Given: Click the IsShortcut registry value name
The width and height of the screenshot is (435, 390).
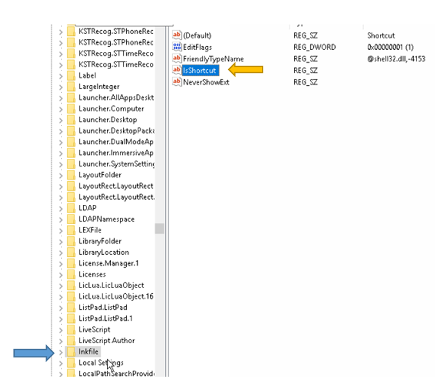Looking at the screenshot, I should [199, 70].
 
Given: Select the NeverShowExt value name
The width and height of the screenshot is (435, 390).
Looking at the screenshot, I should [206, 82].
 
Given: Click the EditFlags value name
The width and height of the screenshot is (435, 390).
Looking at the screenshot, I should [197, 47].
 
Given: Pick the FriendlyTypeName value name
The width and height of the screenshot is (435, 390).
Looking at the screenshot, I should [213, 58].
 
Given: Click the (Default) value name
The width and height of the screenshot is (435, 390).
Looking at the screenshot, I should [197, 35].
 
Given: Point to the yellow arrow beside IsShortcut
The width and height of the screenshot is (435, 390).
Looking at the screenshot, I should [247, 69].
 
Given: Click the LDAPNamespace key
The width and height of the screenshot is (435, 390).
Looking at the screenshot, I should [106, 219].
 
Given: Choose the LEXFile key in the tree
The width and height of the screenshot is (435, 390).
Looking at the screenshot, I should [90, 230].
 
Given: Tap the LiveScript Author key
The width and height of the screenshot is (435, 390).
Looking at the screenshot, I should [106, 340].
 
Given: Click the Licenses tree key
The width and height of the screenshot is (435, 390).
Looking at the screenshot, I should [93, 274].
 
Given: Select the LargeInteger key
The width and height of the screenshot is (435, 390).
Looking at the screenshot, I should [99, 86].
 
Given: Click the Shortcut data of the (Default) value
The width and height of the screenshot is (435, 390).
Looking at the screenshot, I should [381, 35].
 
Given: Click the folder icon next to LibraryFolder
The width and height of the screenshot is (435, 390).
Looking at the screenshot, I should [71, 241].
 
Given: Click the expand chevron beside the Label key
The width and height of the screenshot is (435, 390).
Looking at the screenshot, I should [61, 76].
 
